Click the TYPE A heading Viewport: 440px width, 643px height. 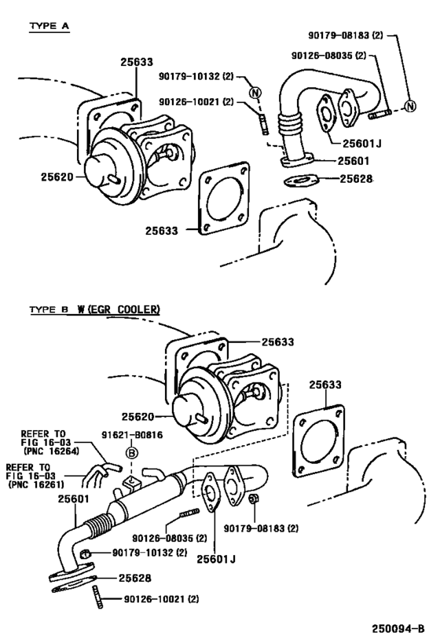coord(49,26)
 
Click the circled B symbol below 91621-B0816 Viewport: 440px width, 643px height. coord(132,455)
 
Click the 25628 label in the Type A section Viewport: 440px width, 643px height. coord(356,178)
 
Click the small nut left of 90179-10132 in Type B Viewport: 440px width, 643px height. coord(90,553)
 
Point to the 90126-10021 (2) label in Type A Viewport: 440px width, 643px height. coord(196,102)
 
